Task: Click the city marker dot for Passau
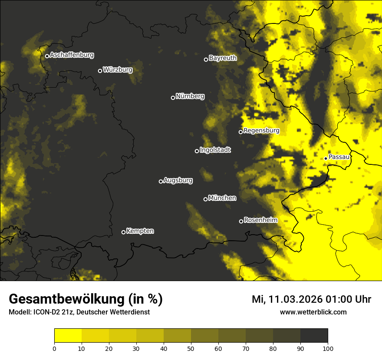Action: pyautogui.click(x=326, y=158)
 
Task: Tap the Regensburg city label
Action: pyautogui.click(x=261, y=131)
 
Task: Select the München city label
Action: pyautogui.click(x=222, y=198)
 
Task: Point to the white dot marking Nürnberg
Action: pyautogui.click(x=173, y=98)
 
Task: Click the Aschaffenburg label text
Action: pyautogui.click(x=72, y=55)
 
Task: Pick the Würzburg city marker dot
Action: pyautogui.click(x=100, y=71)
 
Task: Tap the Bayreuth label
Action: pyautogui.click(x=223, y=58)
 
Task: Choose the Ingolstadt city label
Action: pyautogui.click(x=215, y=150)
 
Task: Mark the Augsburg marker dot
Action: pyautogui.click(x=161, y=181)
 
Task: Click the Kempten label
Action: pyautogui.click(x=140, y=231)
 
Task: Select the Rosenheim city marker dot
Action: pyautogui.click(x=241, y=222)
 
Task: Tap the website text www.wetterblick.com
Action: pyautogui.click(x=313, y=312)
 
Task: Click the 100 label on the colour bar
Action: pyautogui.click(x=328, y=348)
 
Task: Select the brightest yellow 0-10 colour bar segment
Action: pyautogui.click(x=68, y=335)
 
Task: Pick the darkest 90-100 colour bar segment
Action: pyautogui.click(x=314, y=335)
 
